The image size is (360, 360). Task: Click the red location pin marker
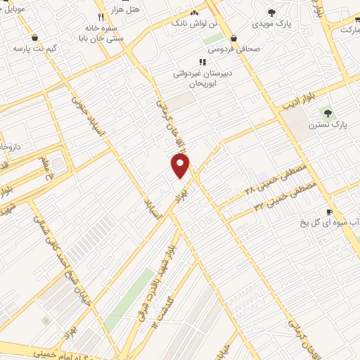[181, 165]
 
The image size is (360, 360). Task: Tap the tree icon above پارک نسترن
[326, 112]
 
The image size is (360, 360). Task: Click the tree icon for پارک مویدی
[272, 12]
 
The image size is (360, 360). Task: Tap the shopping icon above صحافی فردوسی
[233, 39]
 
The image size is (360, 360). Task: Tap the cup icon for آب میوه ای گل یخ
[328, 212]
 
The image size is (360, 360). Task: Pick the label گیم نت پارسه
[34, 50]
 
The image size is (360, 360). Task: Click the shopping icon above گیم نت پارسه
[34, 38]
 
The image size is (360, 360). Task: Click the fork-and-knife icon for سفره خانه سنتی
[101, 16]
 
